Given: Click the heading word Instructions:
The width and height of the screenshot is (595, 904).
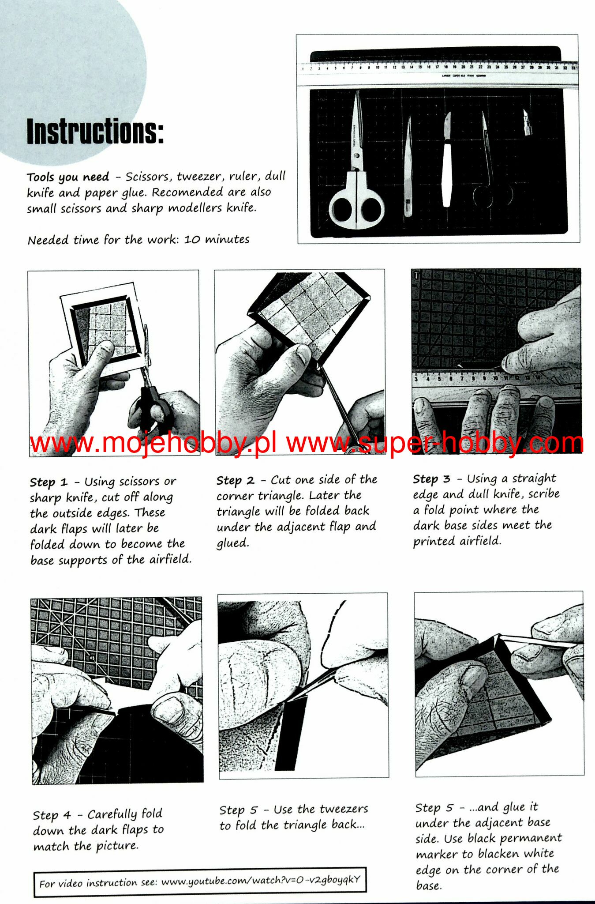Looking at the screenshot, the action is tap(95, 131).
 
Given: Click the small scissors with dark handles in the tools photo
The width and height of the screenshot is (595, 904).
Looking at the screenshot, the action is tap(490, 168).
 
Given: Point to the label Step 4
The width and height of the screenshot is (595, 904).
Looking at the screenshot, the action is tap(52, 815).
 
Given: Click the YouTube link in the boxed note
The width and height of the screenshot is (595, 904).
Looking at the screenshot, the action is tap(261, 881).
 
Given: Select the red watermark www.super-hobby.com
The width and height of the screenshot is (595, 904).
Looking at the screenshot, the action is tap(435, 443).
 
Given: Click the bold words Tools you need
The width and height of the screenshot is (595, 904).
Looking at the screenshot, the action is tap(68, 177).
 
